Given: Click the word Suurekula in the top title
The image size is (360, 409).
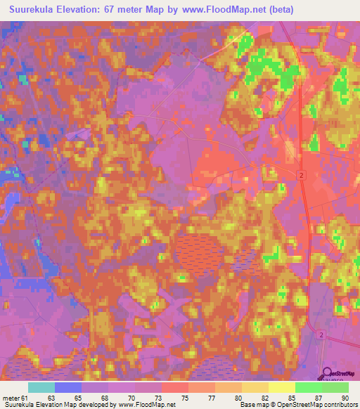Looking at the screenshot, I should click(x=32, y=10).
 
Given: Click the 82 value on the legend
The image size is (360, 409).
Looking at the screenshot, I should click(x=264, y=398).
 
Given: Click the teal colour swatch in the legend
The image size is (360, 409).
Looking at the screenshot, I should click(x=41, y=387).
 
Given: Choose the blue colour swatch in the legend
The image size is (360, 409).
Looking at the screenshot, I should click(x=67, y=387).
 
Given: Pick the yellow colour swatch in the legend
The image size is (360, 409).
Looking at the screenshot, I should click(x=281, y=387).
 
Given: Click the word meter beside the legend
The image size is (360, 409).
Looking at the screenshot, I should click(x=11, y=398).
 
